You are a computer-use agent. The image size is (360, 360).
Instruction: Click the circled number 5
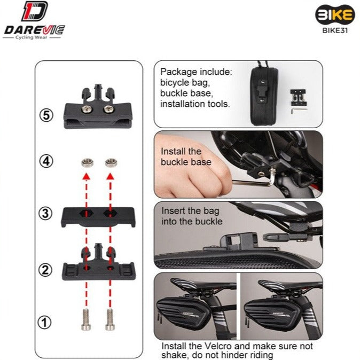tap(46, 115)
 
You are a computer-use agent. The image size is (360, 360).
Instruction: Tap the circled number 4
tap(46, 161)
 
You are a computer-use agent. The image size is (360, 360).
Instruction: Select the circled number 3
tap(45, 213)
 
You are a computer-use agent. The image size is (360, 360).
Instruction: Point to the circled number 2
tap(45, 270)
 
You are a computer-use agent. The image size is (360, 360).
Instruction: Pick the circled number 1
tap(44, 323)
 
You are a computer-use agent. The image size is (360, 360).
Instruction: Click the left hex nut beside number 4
tap(87, 162)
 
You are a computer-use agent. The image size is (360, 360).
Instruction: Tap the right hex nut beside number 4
tap(111, 162)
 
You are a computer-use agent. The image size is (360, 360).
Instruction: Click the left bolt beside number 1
tap(86, 319)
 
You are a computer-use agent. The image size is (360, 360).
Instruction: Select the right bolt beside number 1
tap(109, 319)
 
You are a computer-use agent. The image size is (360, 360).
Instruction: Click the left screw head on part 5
tap(87, 108)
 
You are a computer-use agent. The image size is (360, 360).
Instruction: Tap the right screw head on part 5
tap(108, 108)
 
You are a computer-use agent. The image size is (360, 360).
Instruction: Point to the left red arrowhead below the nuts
tap(87, 176)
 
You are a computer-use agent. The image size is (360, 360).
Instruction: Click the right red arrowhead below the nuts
tap(111, 176)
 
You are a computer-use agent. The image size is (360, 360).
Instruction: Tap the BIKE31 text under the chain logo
tap(335, 30)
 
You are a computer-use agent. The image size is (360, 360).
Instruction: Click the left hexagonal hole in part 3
tap(86, 213)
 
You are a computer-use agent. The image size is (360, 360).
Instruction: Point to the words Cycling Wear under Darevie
tap(31, 37)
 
